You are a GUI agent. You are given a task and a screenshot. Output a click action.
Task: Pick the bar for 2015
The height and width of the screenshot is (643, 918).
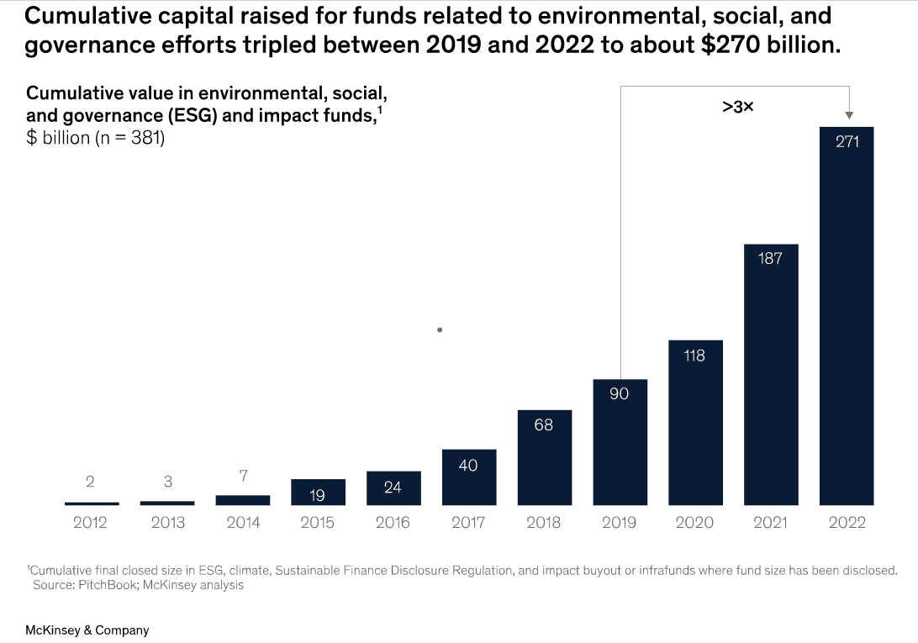click(318, 493)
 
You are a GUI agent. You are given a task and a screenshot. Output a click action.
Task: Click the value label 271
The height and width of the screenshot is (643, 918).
click(847, 142)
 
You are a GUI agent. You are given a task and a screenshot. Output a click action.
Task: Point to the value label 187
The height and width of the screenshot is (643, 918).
click(770, 258)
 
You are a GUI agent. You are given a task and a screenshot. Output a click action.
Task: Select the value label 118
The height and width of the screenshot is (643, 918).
click(694, 356)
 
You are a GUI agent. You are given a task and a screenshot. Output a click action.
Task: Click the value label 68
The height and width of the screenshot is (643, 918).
click(544, 424)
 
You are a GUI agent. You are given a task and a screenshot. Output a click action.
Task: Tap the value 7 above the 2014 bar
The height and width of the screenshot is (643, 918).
click(243, 477)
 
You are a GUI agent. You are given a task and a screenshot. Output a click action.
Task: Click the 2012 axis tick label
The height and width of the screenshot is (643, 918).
click(90, 523)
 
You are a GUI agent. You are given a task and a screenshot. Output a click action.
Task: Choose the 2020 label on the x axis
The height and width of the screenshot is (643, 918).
click(694, 523)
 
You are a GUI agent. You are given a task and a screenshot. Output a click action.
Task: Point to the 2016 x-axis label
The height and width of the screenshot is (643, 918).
click(393, 523)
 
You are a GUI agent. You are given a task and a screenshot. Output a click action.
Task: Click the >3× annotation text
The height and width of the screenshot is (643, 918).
click(737, 107)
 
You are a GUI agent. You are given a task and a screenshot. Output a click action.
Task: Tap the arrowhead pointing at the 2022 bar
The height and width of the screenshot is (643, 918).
click(848, 115)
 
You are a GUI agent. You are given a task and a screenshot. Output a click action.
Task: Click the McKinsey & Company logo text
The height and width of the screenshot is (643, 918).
click(87, 630)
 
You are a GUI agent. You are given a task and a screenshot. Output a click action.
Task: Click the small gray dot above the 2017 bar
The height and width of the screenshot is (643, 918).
click(440, 330)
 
